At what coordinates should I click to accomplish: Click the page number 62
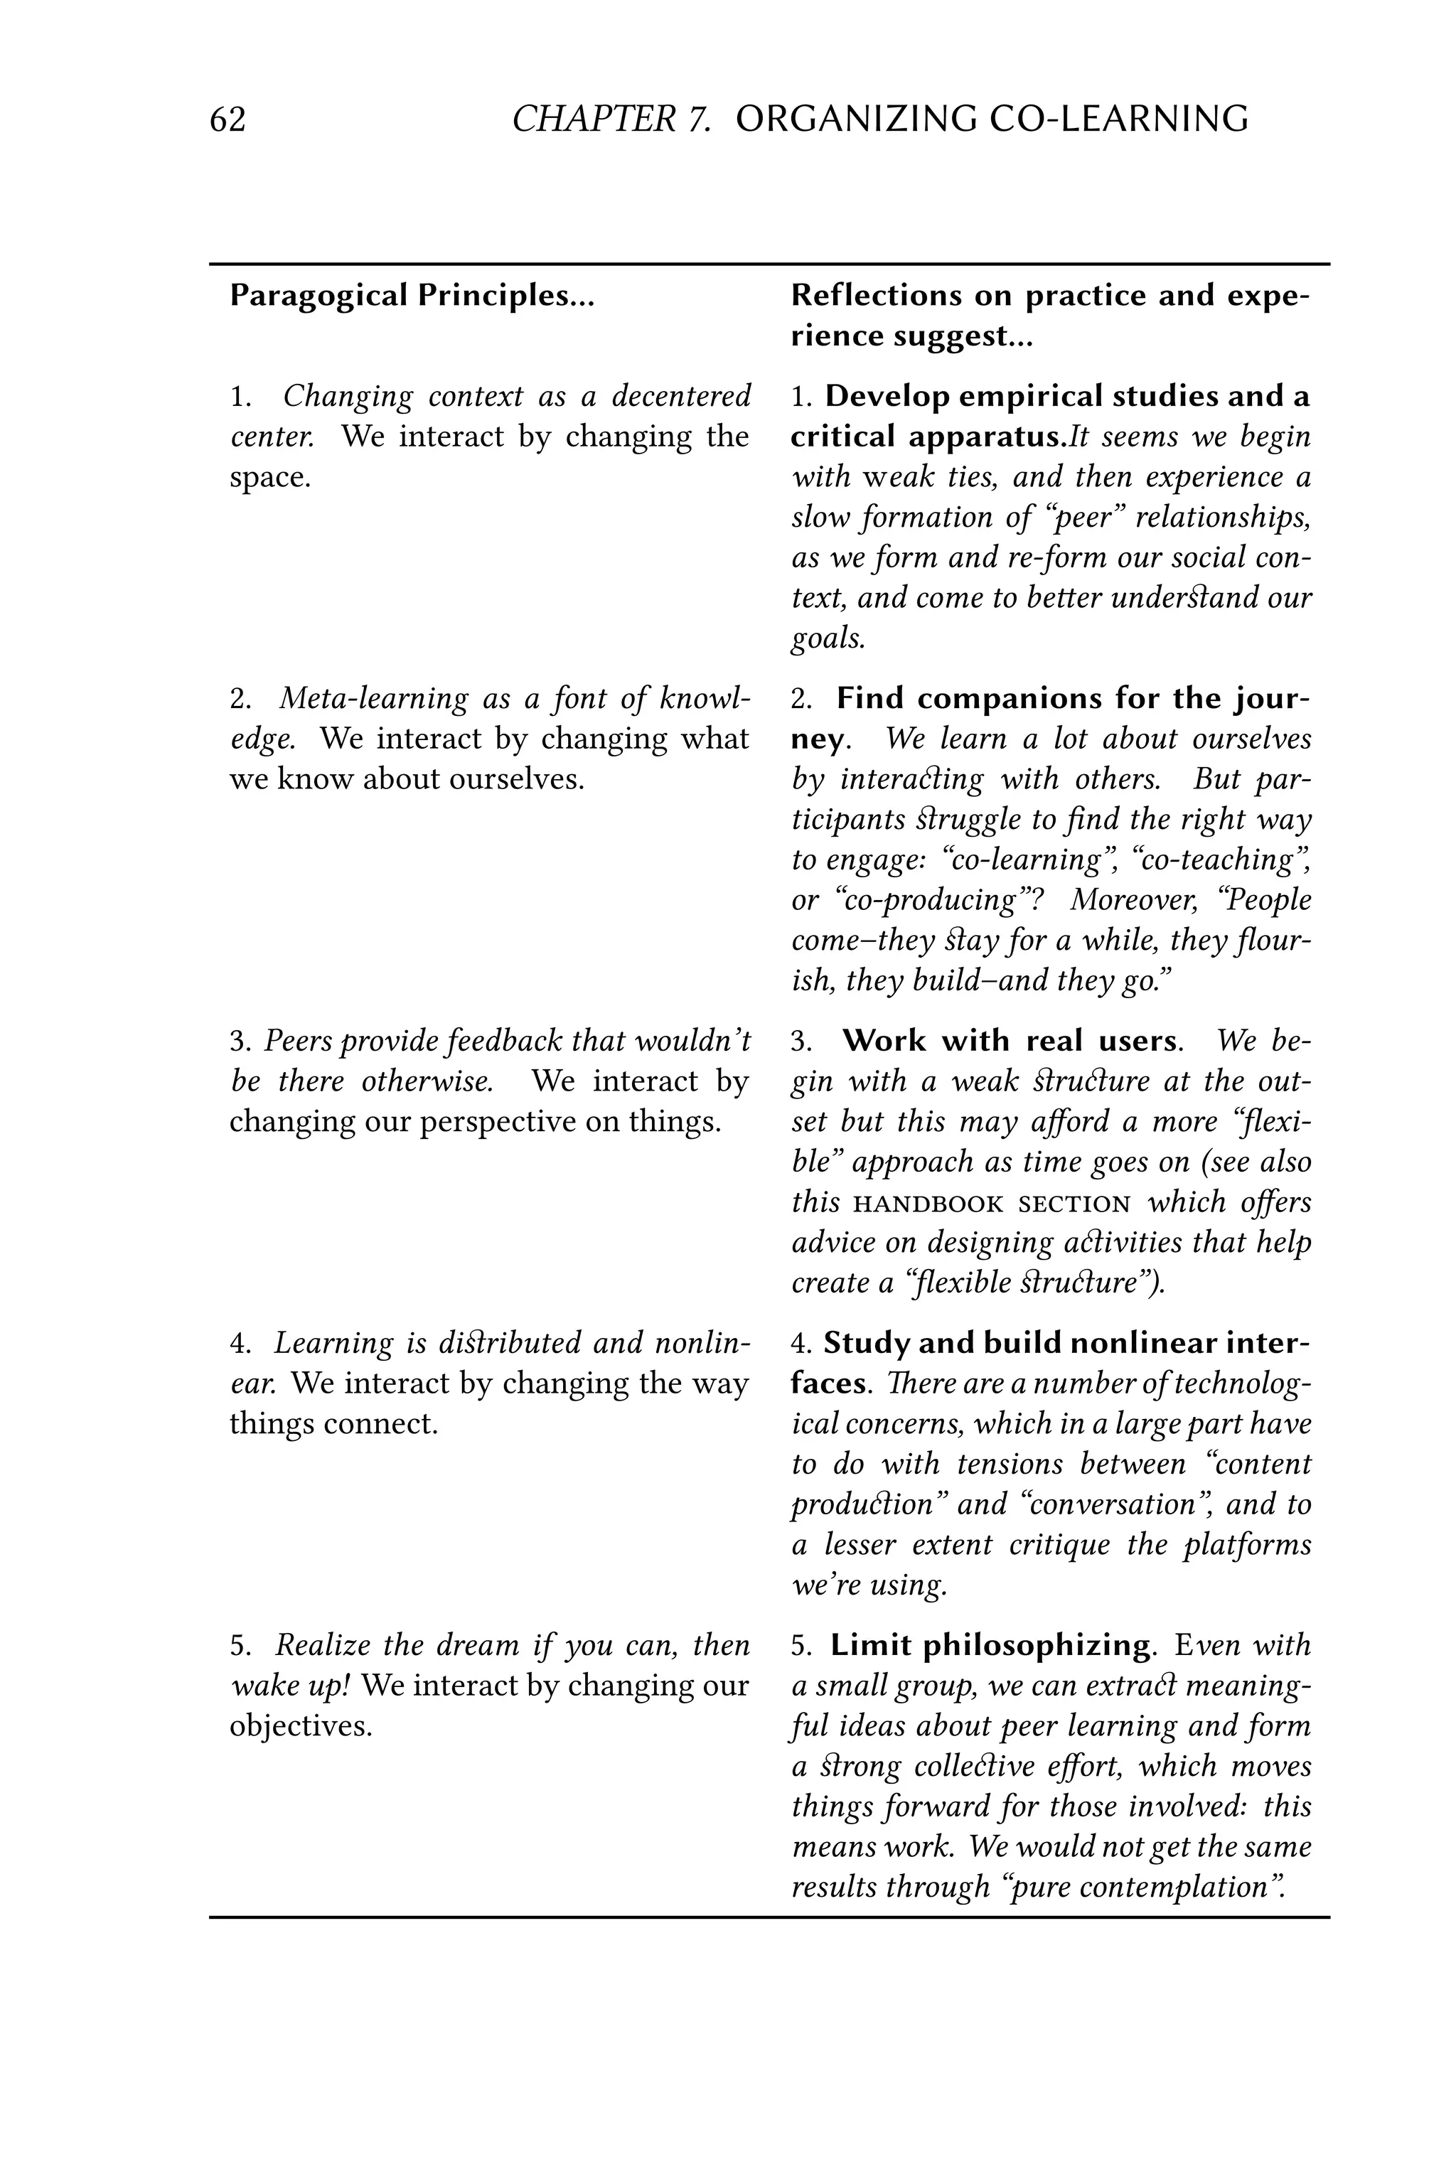[227, 119]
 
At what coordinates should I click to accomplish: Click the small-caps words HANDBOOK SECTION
[992, 1204]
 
